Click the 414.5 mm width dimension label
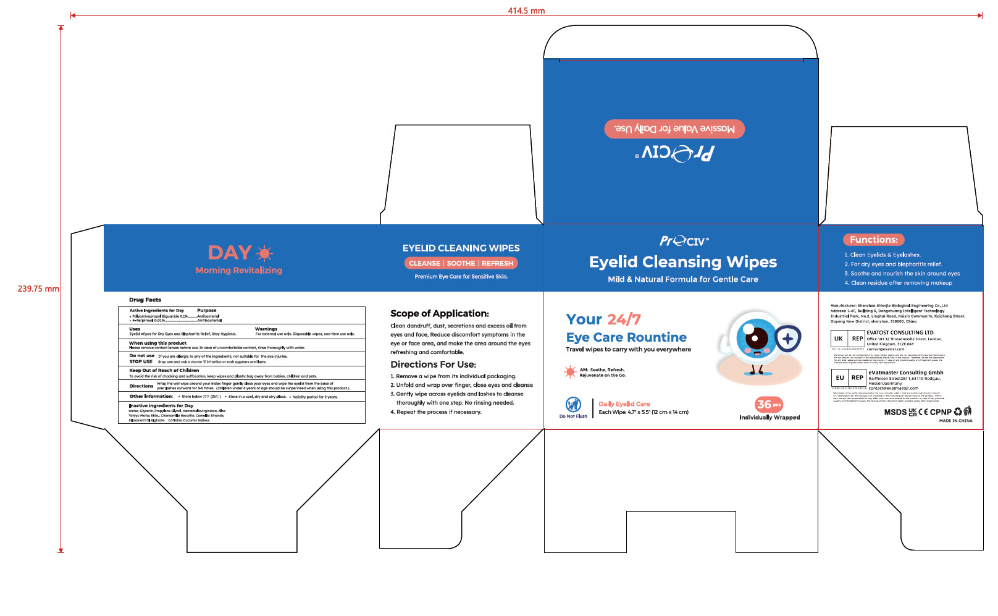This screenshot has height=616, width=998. point(526,11)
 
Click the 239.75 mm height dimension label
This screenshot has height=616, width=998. point(38,289)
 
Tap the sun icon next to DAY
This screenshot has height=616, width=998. point(264,253)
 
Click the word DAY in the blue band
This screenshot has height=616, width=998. point(229,253)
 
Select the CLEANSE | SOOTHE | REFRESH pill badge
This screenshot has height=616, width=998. point(461,263)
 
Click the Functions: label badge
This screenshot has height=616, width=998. point(873,240)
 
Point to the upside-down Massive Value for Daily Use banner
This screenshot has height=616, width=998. point(674,129)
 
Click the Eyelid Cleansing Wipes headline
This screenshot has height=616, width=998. point(682,262)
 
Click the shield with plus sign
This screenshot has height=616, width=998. point(787,339)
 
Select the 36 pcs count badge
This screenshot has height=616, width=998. point(768,404)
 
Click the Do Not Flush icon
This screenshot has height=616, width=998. point(573,404)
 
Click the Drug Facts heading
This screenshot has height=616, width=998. point(145,300)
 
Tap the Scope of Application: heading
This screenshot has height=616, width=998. point(439,313)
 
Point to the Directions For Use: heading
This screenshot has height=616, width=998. point(433,365)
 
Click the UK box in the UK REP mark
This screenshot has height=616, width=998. point(839,339)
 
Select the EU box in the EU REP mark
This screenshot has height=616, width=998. point(840,378)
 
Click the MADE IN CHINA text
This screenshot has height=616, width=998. point(955,421)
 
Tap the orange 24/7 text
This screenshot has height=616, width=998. point(624,319)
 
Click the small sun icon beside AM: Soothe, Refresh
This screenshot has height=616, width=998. point(570,371)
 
